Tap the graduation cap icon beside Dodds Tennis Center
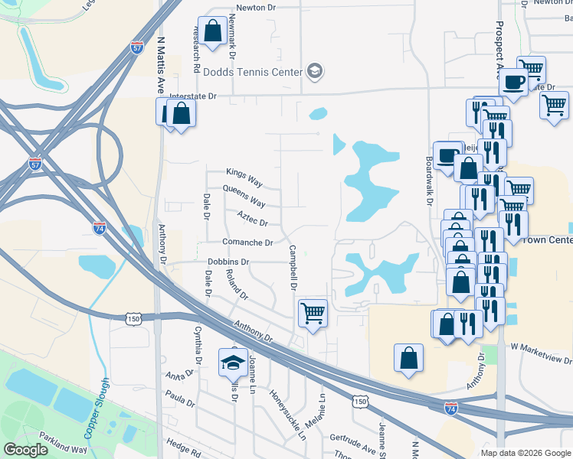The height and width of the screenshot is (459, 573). coord(313,73)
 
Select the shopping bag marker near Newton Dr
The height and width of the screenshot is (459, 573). coord(213,31)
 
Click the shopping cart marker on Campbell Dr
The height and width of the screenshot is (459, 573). coord(312,312)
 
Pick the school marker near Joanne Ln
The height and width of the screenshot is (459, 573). coord(230,363)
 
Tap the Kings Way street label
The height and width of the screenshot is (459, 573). coord(244,173)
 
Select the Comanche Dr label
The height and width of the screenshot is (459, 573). coord(247,243)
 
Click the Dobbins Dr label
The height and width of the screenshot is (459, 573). coord(229,262)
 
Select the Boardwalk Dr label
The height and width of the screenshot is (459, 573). coord(429,181)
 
